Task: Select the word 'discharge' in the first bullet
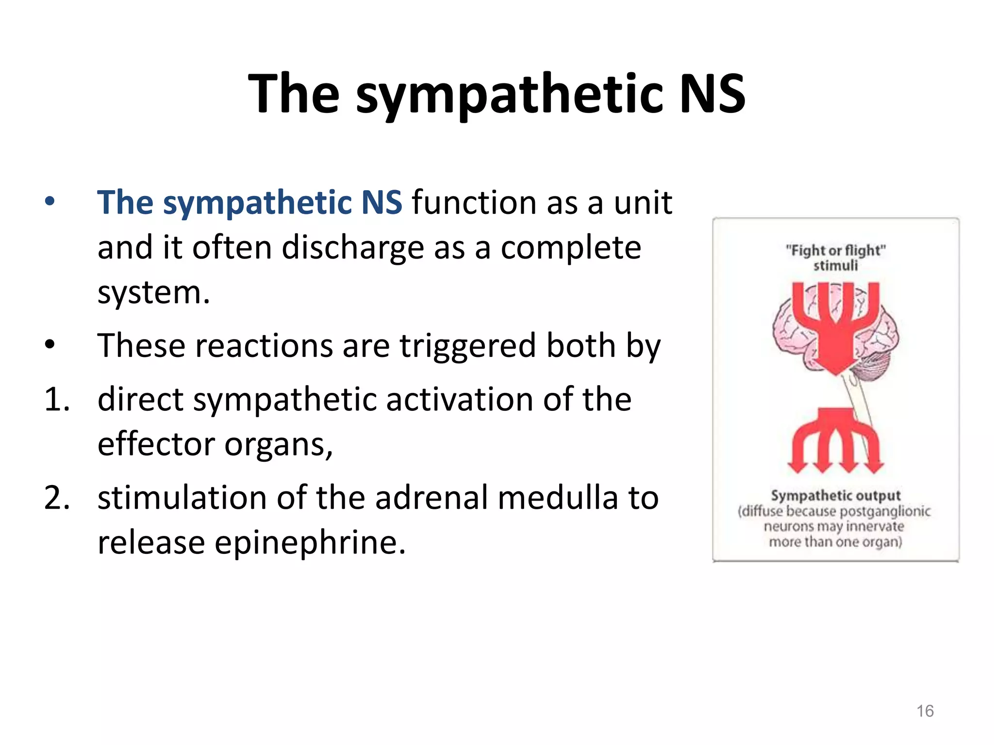[353, 248]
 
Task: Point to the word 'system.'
[154, 293]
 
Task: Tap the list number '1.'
[57, 400]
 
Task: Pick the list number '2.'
[57, 498]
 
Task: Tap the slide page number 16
[925, 711]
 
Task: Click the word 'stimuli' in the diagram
[835, 266]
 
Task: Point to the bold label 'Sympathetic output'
[835, 495]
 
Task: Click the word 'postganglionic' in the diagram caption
[885, 511]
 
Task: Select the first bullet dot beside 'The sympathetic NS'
[50, 202]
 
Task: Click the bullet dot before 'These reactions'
[50, 345]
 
